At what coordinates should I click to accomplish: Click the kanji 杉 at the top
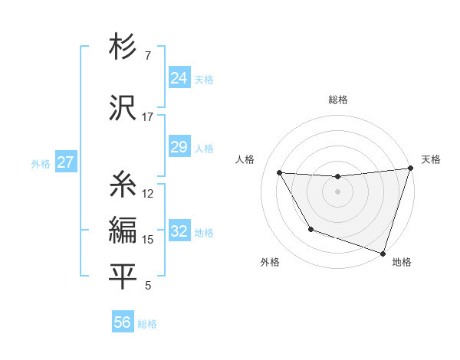(123, 48)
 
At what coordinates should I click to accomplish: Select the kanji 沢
(123, 109)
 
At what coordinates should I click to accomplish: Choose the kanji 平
(123, 277)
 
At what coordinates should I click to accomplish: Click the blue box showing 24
(179, 77)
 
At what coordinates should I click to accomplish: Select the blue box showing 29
(179, 147)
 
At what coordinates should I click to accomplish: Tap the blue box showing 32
(179, 231)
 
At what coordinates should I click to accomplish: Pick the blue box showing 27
(65, 162)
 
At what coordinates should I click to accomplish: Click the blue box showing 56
(123, 322)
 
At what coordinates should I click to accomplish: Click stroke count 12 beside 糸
(148, 193)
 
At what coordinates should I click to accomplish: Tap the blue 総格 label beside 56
(147, 324)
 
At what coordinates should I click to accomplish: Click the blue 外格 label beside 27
(41, 163)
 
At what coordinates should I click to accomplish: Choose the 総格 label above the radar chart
(337, 100)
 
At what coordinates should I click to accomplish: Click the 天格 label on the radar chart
(431, 159)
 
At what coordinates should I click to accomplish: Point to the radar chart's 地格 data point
(383, 253)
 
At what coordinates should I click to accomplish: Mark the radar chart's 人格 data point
(280, 173)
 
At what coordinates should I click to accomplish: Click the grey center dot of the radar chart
(337, 191)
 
